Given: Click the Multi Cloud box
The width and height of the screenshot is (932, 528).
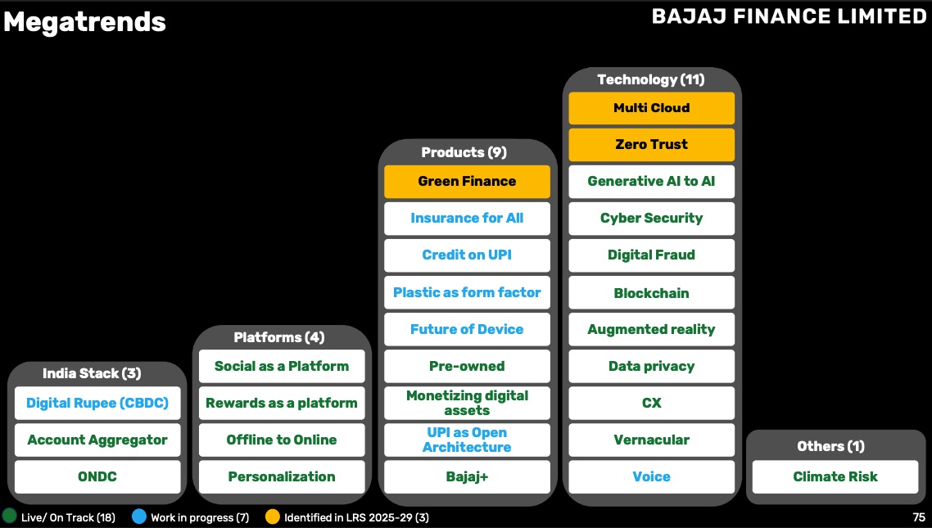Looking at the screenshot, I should pos(651,108).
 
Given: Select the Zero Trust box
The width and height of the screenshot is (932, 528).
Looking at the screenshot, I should pos(651,145).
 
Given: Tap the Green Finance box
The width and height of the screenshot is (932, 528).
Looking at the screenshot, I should pos(467,182).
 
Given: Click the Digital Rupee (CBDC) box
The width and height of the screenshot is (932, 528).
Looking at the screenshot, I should pos(97,403).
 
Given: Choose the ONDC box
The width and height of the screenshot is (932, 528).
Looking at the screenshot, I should pos(97,476).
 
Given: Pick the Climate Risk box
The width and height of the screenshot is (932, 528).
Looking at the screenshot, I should pos(835,476).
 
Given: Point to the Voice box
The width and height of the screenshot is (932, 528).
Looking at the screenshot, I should pos(651,476).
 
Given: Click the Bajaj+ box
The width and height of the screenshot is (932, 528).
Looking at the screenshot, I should pos(467,476).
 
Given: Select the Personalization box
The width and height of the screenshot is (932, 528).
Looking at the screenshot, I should pos(282,476).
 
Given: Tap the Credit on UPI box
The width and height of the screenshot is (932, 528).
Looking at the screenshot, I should pos(467,255).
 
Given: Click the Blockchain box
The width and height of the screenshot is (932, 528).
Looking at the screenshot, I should pos(651,293).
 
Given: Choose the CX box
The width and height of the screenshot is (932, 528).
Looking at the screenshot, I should pos(651,403).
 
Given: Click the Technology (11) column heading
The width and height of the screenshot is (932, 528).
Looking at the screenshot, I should pos(651,79).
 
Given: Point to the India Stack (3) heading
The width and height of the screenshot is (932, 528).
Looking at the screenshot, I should pos(92,373).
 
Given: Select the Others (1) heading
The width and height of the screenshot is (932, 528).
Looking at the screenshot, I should pos(831,446).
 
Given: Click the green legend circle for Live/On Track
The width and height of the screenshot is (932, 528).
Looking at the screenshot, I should pos(10,517).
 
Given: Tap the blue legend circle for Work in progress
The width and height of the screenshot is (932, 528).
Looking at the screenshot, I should pos(139,517).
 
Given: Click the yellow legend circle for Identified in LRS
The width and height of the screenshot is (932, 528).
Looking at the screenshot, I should pos(273,517).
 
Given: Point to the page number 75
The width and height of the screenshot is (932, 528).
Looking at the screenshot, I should pos(919,517).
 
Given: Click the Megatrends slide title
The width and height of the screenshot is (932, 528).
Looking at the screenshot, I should pos(84,22).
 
